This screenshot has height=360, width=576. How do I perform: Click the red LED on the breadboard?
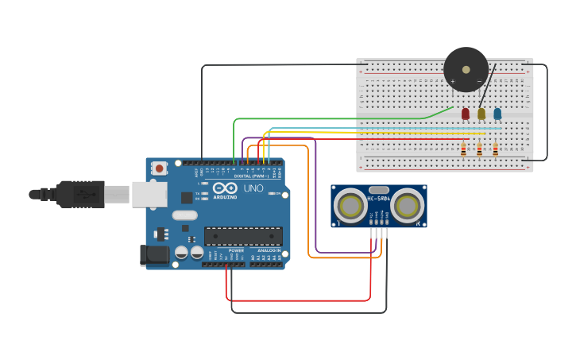tap(466, 114)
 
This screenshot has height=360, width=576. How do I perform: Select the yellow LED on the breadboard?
tap(481, 114)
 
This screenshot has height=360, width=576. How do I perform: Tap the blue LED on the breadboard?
tap(497, 114)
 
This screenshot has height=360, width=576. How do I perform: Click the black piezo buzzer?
tap(466, 69)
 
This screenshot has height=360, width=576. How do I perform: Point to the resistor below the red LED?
tap(463, 149)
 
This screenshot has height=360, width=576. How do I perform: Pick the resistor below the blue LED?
tap(495, 149)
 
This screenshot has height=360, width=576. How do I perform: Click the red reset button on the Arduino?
tap(160, 168)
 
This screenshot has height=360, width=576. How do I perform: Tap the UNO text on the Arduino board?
tap(253, 188)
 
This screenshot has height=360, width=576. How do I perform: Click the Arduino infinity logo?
tap(225, 188)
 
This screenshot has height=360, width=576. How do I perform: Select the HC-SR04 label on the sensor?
tap(379, 198)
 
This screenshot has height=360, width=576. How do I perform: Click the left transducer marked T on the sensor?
tap(350, 206)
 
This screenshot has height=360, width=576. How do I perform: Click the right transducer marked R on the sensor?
tap(407, 206)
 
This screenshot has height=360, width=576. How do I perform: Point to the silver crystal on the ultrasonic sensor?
tap(379, 189)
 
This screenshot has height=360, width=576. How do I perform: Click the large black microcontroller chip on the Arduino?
tap(243, 236)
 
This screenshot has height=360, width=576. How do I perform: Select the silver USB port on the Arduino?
tap(149, 194)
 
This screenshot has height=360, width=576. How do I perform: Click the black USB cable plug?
tap(79, 193)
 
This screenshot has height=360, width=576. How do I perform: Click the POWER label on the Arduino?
tap(236, 250)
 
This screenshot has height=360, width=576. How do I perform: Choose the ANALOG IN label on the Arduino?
tap(269, 250)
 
